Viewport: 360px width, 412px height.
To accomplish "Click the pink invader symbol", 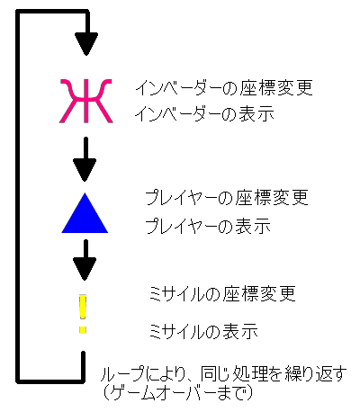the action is tap(86, 101).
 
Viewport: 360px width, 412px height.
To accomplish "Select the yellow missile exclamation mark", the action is tap(83, 314).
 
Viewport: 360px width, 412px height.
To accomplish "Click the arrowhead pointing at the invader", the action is tap(86, 44).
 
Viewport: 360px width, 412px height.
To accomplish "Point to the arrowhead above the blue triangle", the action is tap(85, 170).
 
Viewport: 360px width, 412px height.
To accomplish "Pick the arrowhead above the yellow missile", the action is tap(85, 269).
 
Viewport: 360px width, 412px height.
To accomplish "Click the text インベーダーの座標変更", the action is tap(224, 88).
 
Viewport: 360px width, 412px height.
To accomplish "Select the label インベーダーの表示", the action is tap(204, 114).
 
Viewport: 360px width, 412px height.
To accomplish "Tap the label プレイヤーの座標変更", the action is tap(227, 197).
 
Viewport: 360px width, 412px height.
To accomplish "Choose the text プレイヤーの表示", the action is tap(208, 226).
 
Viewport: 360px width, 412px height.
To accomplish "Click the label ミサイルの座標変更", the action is tap(222, 293).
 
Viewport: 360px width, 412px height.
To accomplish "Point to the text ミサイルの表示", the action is tap(203, 331).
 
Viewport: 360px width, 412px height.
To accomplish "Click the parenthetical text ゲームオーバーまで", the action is tap(177, 392).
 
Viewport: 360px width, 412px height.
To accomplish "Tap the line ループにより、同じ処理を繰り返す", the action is tap(224, 374).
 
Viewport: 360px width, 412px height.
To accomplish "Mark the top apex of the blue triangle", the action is tap(85, 193).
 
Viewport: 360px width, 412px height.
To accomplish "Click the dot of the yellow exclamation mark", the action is tap(83, 330).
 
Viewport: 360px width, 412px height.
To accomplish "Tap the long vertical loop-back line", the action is tap(18, 196).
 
